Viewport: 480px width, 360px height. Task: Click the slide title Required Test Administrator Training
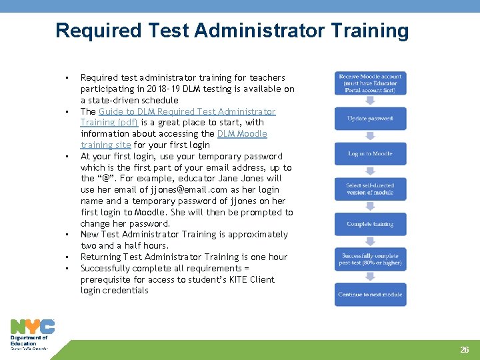(x=232, y=31)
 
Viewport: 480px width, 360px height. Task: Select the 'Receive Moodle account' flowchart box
(x=370, y=83)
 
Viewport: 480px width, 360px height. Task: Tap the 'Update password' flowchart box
(x=370, y=119)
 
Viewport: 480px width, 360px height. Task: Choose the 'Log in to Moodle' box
(x=370, y=154)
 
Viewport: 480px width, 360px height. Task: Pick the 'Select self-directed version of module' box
(x=370, y=189)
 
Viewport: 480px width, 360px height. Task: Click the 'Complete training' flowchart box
(x=370, y=224)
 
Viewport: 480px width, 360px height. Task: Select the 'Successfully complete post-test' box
(x=370, y=259)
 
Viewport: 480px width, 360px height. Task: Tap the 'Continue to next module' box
(x=370, y=295)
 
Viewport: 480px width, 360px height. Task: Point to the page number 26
(x=465, y=350)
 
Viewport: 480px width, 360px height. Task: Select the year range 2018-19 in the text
(x=180, y=89)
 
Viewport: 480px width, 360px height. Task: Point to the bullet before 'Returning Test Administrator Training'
(x=67, y=257)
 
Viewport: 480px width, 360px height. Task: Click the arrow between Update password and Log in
(x=370, y=137)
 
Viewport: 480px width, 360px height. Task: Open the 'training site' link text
(x=105, y=145)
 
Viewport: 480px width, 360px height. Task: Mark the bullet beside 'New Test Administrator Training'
(x=67, y=235)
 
